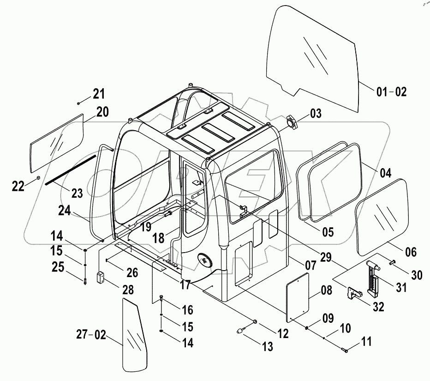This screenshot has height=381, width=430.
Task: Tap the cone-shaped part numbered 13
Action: (242, 331)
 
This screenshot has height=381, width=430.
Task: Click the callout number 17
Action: (185, 285)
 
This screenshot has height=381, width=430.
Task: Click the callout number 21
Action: (99, 94)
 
